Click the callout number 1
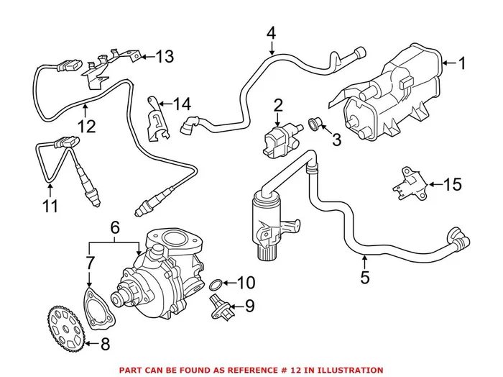click(462, 64)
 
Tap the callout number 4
click(271, 32)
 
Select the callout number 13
click(165, 57)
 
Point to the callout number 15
click(453, 186)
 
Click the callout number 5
click(364, 277)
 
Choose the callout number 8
click(105, 344)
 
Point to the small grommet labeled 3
click(314, 123)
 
